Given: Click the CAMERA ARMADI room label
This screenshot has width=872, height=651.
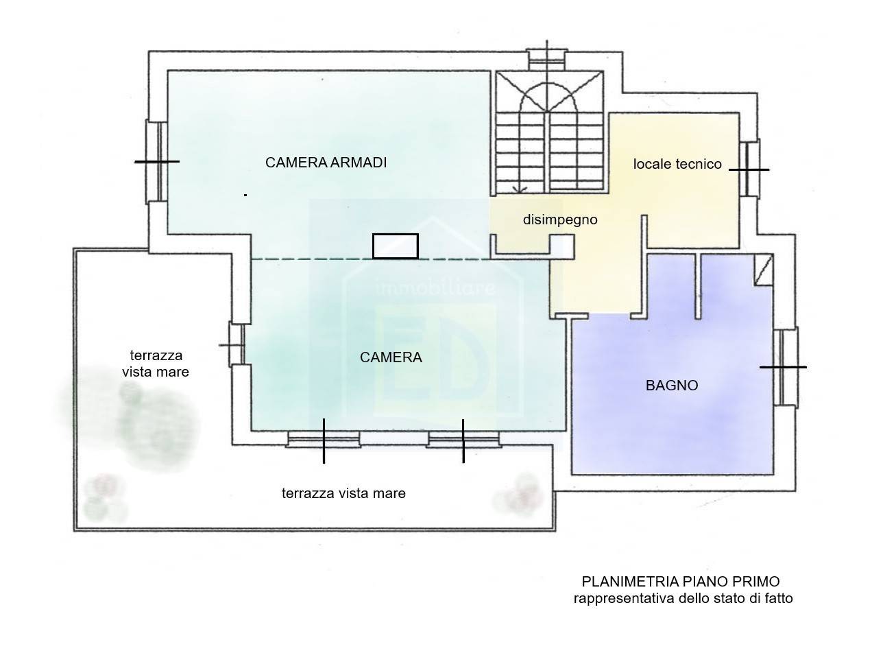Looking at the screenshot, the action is [326, 163].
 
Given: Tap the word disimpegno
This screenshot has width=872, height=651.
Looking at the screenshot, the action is [560, 220].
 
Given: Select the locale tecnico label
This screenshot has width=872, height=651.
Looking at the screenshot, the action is [677, 164].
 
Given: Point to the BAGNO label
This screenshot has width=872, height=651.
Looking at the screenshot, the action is [672, 385].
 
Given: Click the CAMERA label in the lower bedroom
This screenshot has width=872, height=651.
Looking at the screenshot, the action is [391, 357].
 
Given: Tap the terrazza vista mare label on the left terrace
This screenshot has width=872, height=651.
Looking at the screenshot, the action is [156, 364].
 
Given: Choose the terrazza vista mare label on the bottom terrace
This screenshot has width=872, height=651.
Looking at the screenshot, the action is [343, 493].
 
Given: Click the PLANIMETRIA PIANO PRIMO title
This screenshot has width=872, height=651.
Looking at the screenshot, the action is [681, 582].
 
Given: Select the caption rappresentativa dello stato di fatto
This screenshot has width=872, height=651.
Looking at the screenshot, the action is [683, 598].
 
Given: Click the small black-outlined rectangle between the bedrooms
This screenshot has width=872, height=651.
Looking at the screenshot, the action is [396, 246].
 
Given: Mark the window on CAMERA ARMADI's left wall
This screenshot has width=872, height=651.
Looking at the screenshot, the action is [156, 161].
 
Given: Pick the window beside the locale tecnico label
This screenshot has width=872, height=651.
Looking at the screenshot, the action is [750, 169].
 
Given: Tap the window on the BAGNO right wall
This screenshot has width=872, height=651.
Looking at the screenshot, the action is [786, 366].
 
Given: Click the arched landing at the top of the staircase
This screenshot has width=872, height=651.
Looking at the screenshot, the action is [548, 97].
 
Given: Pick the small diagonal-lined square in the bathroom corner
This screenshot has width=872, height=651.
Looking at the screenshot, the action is [764, 270].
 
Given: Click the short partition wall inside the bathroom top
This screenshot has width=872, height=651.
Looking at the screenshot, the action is [698, 286].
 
